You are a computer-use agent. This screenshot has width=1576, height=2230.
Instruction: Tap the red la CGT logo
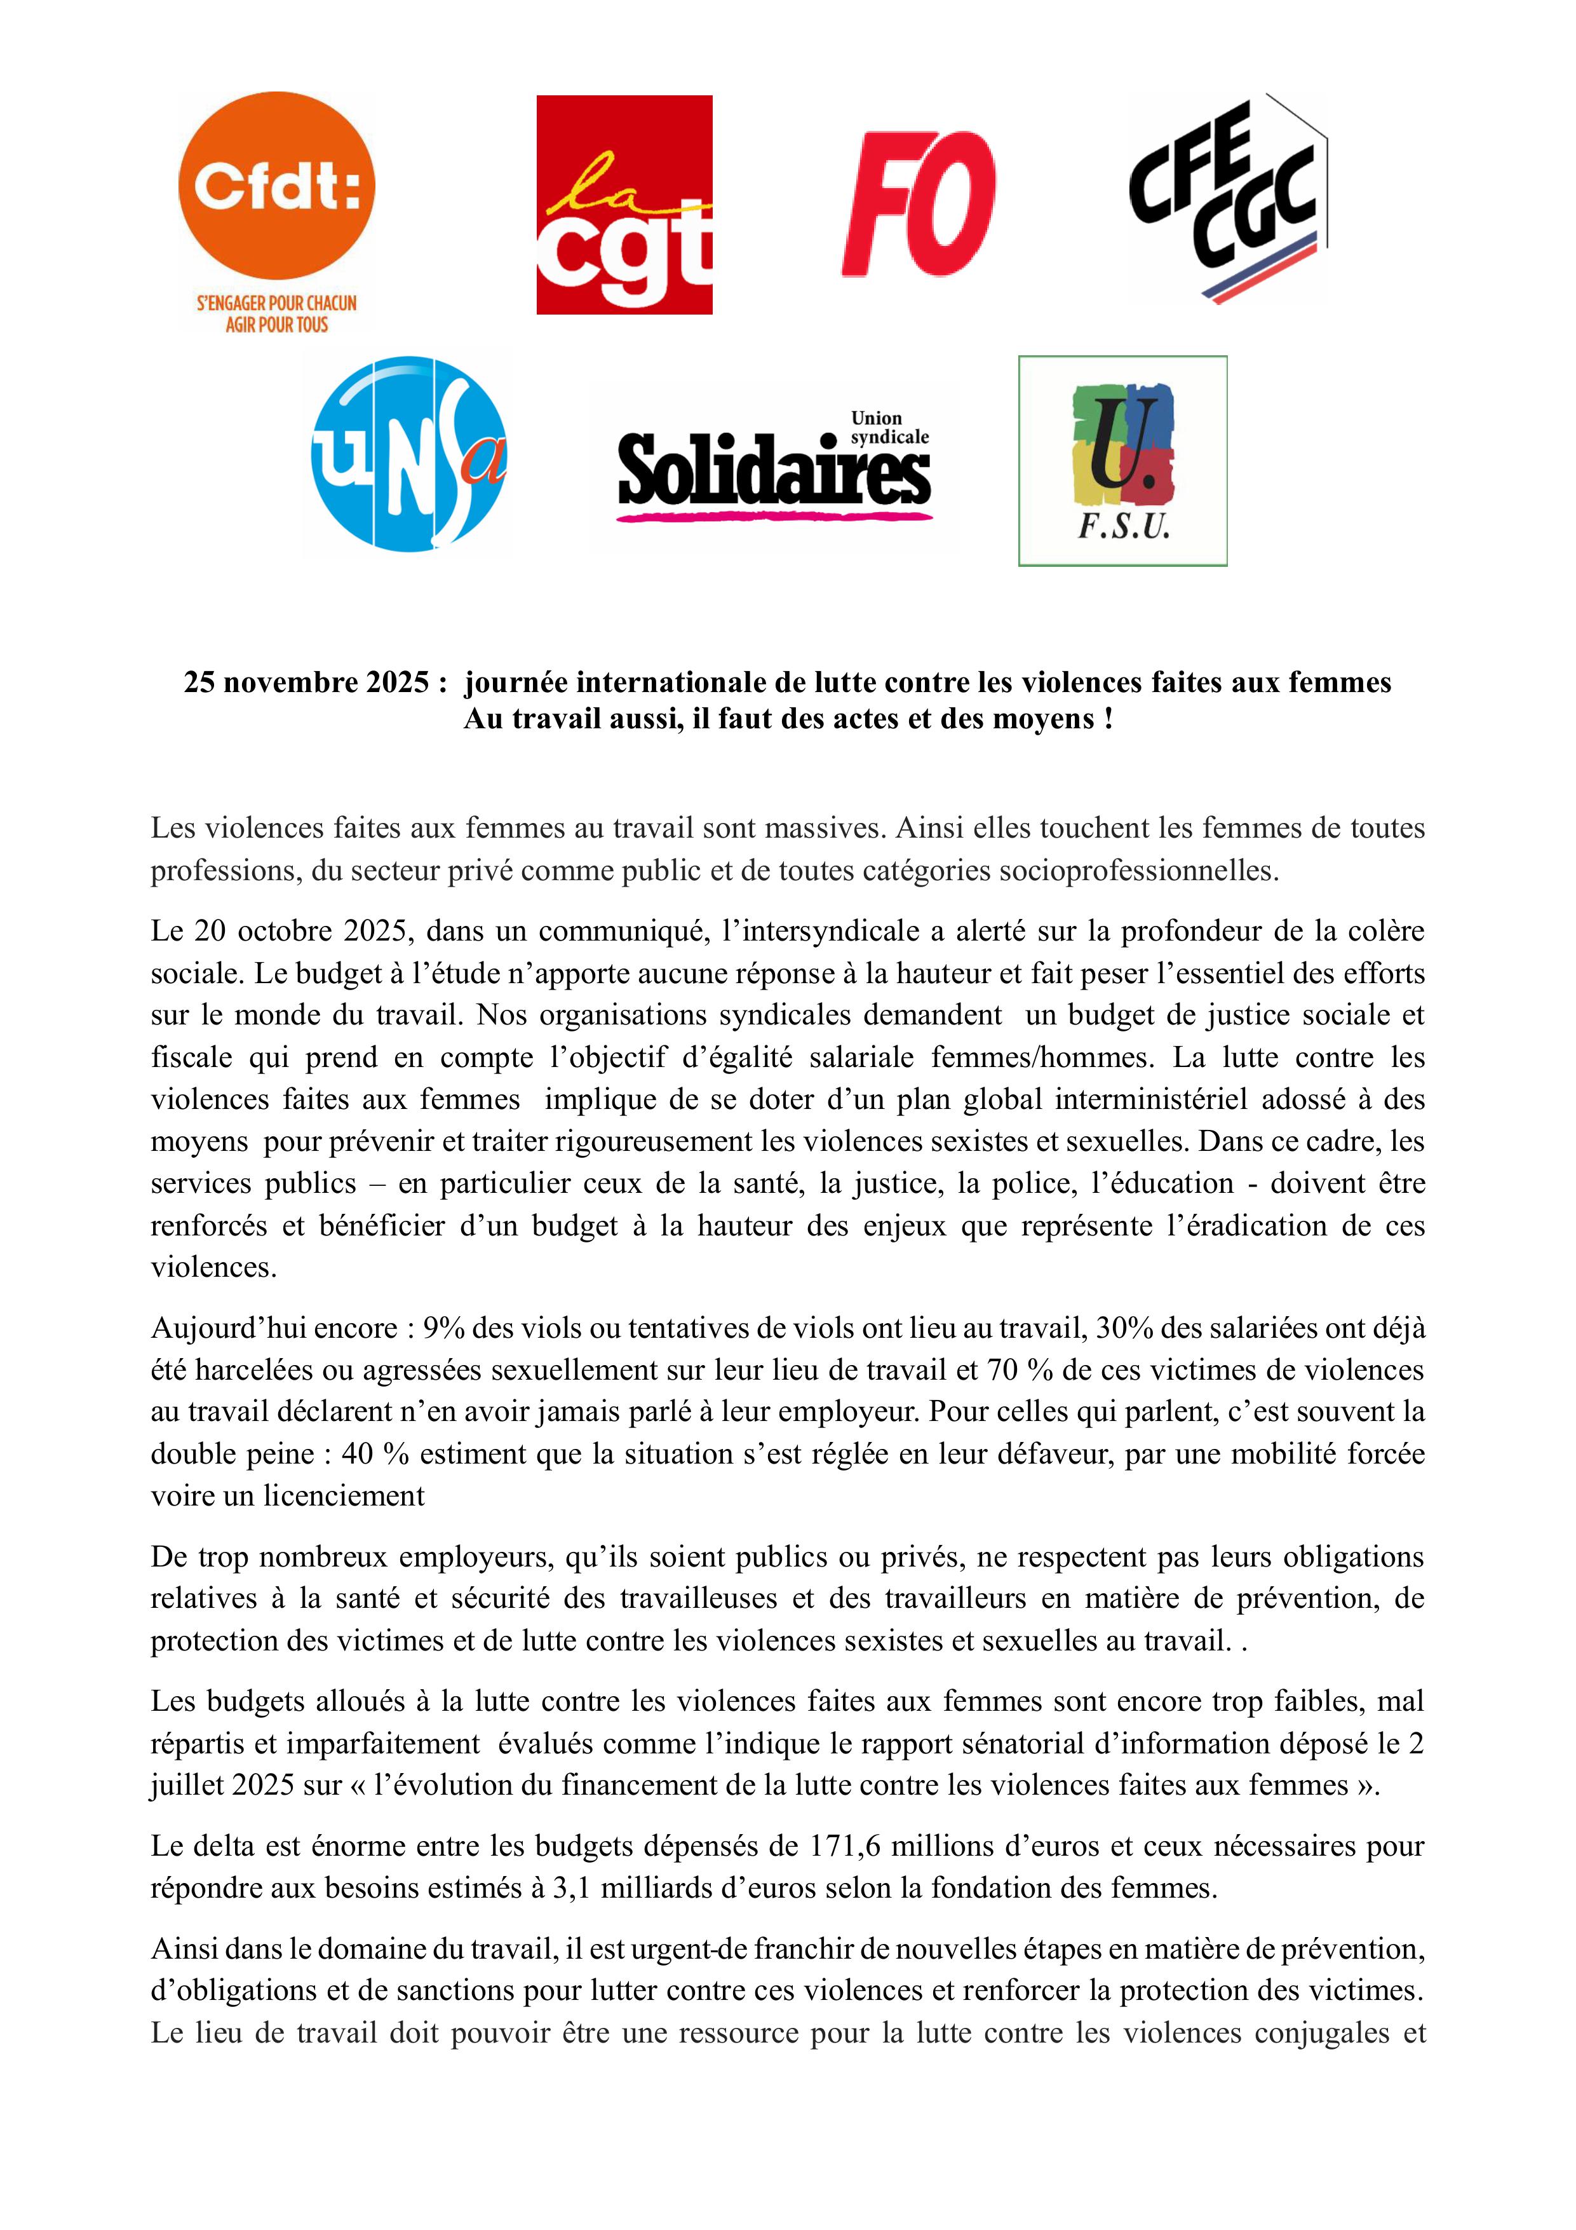click(624, 205)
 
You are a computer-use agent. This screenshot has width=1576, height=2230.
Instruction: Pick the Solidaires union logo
click(774, 467)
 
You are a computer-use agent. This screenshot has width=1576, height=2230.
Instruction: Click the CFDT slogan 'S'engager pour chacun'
click(277, 303)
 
